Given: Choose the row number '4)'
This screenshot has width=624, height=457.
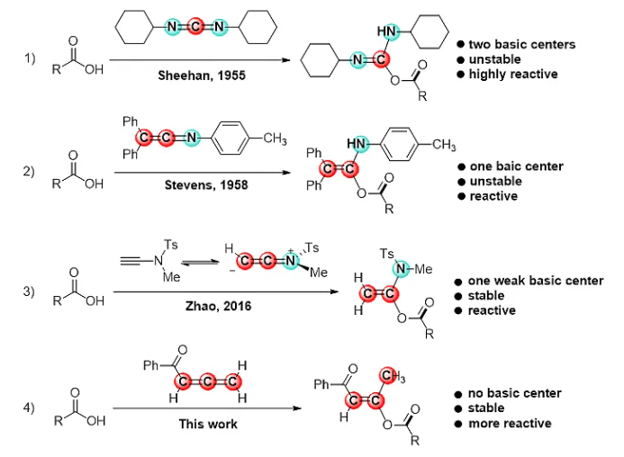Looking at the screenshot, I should click(29, 408).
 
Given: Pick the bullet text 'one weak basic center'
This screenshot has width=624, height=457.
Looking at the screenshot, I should click(535, 282).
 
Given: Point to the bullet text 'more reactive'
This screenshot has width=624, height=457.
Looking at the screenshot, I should click(510, 423).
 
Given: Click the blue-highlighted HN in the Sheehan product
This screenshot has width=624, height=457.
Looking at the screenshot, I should click(387, 32).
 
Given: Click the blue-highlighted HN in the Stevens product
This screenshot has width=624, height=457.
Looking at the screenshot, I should click(359, 143).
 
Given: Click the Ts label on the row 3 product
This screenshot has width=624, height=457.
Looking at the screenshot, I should click(390, 255).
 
